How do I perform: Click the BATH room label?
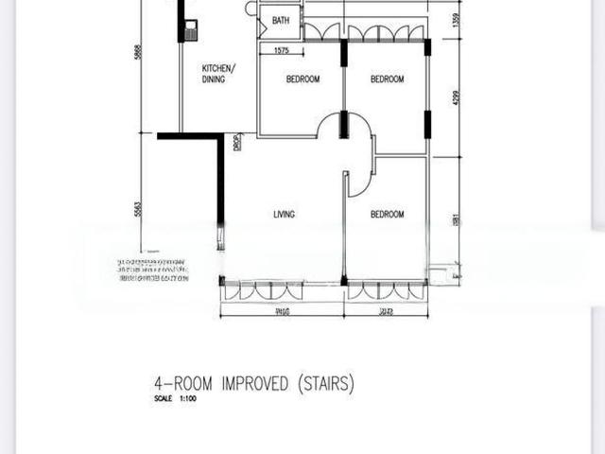[x=281, y=20]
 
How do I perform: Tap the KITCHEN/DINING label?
[x=219, y=74]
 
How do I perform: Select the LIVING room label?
[x=284, y=215]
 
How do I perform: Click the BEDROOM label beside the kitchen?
[x=302, y=79]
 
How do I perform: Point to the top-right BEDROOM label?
[x=387, y=79]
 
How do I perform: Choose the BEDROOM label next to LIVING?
[x=387, y=215]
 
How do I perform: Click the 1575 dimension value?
[x=280, y=51]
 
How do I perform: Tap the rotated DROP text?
[x=237, y=142]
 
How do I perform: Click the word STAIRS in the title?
[x=325, y=384]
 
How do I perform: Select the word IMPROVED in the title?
[x=256, y=384]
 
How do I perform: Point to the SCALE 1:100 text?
[x=178, y=399]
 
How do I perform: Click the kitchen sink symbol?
[x=192, y=29]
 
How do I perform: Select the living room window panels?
[x=281, y=289]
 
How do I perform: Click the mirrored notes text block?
[x=151, y=270]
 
